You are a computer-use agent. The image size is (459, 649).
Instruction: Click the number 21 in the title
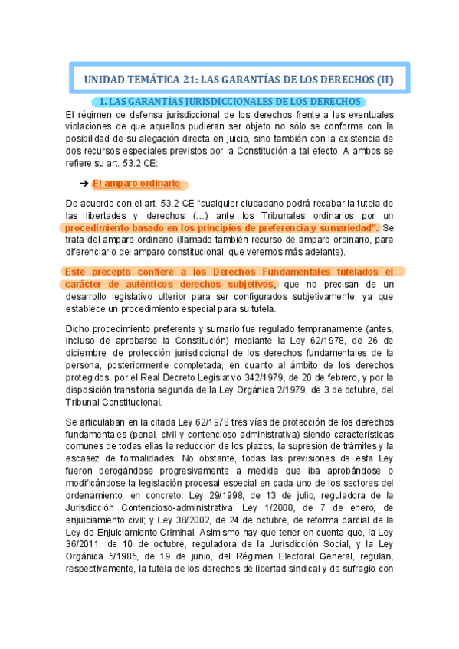click(192, 80)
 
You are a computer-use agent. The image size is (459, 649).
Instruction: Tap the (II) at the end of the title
click(391, 80)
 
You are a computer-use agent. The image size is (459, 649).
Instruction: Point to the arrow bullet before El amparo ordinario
click(84, 184)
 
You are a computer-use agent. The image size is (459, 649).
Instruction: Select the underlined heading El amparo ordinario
click(136, 184)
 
